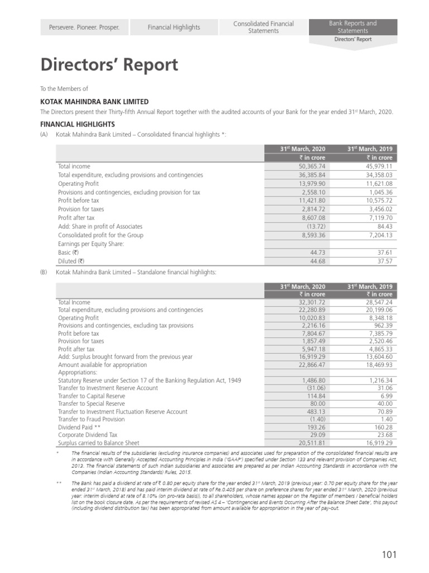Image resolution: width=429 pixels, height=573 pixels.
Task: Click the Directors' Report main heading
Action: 109,65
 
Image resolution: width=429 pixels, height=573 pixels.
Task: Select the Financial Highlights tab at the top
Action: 174,27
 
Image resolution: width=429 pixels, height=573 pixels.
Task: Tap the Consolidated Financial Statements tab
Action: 263,27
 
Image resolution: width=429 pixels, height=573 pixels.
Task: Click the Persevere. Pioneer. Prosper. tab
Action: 85,27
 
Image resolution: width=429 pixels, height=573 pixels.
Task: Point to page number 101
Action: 389,555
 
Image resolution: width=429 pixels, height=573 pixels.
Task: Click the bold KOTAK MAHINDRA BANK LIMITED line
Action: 94,102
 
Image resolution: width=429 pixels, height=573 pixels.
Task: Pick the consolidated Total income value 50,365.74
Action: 309,167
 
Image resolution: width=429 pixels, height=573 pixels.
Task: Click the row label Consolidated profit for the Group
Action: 101,235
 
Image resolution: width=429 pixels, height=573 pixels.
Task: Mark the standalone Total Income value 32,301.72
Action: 309,302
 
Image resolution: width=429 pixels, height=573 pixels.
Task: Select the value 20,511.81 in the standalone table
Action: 309,442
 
